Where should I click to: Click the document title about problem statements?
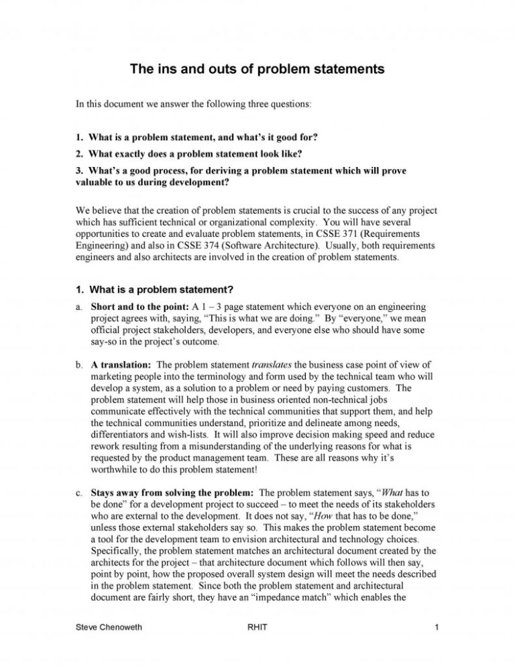[257, 69]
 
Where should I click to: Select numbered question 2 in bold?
[195, 154]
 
